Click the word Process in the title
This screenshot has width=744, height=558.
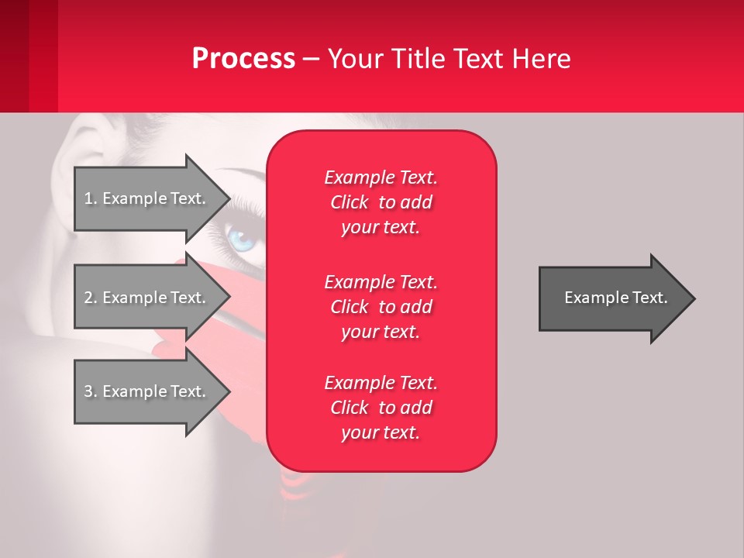pyautogui.click(x=243, y=58)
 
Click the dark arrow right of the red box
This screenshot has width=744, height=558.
pyautogui.click(x=612, y=298)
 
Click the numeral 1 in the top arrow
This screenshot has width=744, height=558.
pyautogui.click(x=88, y=198)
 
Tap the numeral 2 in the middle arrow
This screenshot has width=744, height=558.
pyautogui.click(x=88, y=298)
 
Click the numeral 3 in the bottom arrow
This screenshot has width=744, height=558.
pyautogui.click(x=88, y=391)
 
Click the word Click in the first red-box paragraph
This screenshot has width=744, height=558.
pyautogui.click(x=349, y=202)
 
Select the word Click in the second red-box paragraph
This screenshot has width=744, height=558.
pyautogui.click(x=349, y=307)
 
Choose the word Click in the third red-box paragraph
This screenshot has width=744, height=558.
pyautogui.click(x=349, y=408)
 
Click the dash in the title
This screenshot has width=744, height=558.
pyautogui.click(x=311, y=59)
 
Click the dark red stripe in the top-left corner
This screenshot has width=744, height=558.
pyautogui.click(x=14, y=56)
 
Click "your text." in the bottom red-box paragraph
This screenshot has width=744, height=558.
pyautogui.click(x=381, y=432)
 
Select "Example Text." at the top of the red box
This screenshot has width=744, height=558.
pyautogui.click(x=381, y=177)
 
